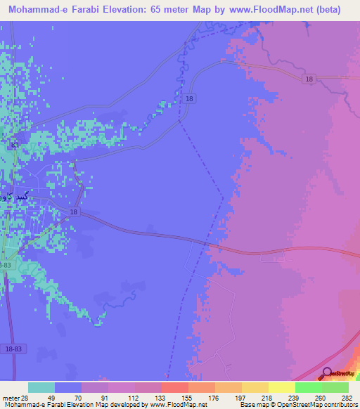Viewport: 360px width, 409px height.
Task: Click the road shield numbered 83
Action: point(15,144)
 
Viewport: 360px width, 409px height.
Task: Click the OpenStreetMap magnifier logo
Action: point(327,373)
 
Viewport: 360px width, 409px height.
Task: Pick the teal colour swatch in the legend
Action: point(41,387)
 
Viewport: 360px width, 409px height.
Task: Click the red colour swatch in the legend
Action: point(175,387)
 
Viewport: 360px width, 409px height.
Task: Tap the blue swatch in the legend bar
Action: point(68,387)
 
